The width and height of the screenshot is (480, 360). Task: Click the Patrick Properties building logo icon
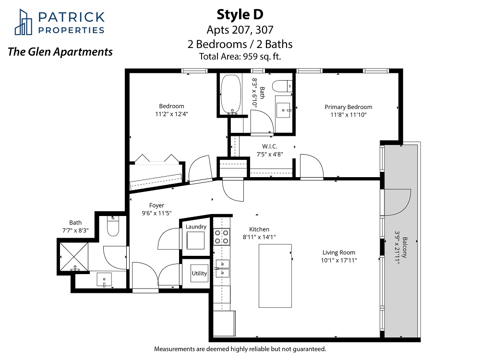tap(24, 22)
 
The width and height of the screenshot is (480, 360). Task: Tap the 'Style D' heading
tap(240, 14)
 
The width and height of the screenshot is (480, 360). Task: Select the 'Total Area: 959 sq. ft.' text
tap(240, 57)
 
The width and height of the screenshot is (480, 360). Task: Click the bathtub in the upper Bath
tap(231, 94)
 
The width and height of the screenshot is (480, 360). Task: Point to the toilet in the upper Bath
tap(282, 86)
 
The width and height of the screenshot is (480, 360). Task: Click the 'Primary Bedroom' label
tap(348, 107)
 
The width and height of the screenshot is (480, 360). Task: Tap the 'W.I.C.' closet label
tap(270, 146)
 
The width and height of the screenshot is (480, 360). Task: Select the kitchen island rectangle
tap(275, 276)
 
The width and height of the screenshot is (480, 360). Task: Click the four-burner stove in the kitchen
tap(221, 237)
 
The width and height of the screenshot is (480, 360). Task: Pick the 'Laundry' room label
tap(196, 227)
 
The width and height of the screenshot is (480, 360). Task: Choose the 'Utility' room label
tap(199, 273)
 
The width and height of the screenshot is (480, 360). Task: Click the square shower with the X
tap(74, 256)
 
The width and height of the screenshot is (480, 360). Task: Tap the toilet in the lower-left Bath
tap(113, 226)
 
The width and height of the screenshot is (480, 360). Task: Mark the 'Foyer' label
tap(156, 205)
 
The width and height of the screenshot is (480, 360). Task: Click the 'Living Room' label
tap(339, 252)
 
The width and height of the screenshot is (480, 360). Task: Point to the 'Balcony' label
tap(405, 247)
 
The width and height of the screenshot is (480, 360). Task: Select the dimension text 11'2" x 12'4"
tap(171, 114)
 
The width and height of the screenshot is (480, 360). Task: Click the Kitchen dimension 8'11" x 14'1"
tap(259, 237)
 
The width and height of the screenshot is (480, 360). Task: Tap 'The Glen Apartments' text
tap(60, 52)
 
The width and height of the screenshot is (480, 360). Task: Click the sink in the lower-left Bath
tap(104, 279)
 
